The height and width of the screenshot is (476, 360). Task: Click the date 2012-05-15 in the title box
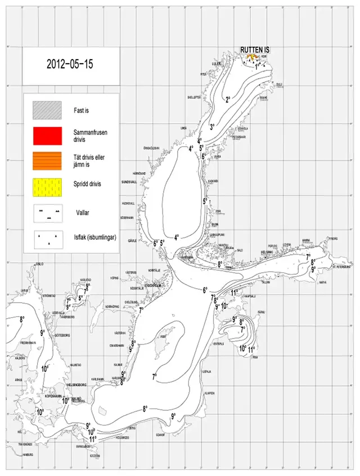[x=70, y=64]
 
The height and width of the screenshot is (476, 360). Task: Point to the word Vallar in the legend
[x=83, y=213]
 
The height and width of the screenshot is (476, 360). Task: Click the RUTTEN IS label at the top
[x=255, y=50]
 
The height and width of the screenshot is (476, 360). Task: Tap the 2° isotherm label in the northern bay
[x=228, y=100]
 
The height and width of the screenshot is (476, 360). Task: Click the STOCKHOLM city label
[x=154, y=285]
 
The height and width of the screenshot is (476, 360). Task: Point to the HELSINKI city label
[x=267, y=252]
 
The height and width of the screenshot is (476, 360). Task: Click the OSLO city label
[x=39, y=263]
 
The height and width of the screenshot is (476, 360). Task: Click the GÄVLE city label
[x=132, y=240]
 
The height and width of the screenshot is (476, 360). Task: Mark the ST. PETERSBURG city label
[x=342, y=267]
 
